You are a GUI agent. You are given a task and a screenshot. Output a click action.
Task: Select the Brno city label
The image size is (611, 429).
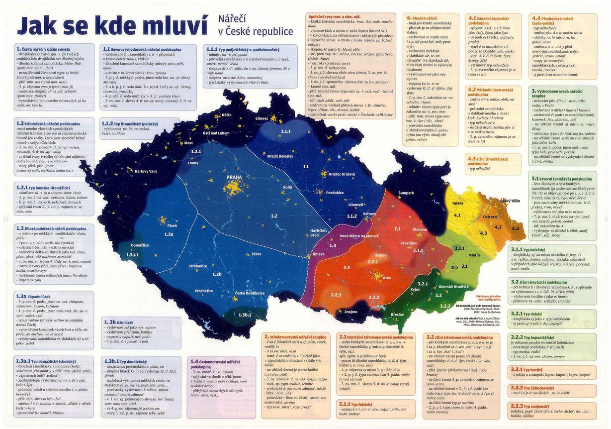click(387, 278)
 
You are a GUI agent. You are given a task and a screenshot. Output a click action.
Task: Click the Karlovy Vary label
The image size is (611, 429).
click(146, 172)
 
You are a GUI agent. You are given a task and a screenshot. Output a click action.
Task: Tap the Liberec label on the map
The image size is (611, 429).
click(262, 119)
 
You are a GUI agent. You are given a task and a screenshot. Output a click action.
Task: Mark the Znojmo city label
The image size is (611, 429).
click(350, 312)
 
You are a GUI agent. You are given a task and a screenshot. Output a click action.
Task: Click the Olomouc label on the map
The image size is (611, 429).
click(420, 229)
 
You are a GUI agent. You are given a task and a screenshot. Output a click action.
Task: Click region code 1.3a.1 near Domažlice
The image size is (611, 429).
click(132, 254)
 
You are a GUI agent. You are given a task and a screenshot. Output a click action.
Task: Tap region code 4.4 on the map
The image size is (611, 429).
click(515, 228)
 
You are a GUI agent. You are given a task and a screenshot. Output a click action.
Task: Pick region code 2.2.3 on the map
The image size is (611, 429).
click(336, 296)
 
